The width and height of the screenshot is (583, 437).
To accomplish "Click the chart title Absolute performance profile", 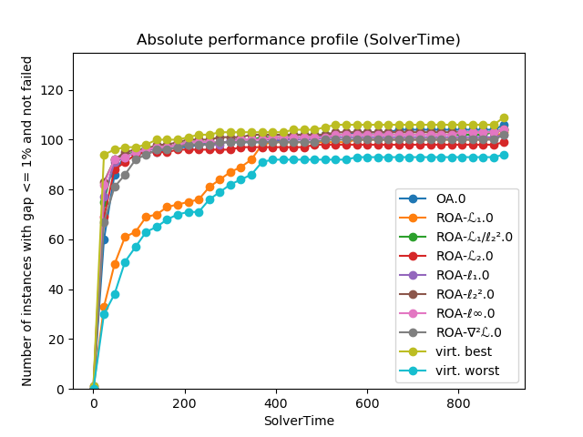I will coord(298,40).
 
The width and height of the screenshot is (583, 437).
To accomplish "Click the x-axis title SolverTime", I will coord(298,421).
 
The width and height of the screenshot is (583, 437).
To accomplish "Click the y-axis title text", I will coord(28,221).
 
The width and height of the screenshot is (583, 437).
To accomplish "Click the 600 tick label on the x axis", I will coord(366,401).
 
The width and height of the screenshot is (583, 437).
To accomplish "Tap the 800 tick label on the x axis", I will coord(457,401).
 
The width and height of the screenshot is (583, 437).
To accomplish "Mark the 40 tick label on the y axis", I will coord(57,290).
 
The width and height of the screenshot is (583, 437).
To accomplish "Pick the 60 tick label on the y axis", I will coord(57,239).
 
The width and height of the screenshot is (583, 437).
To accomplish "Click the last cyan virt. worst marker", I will coord(504,155).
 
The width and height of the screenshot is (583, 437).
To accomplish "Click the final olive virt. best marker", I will coord(504,118).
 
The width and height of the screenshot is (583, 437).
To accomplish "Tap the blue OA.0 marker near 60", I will coord(104,239).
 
